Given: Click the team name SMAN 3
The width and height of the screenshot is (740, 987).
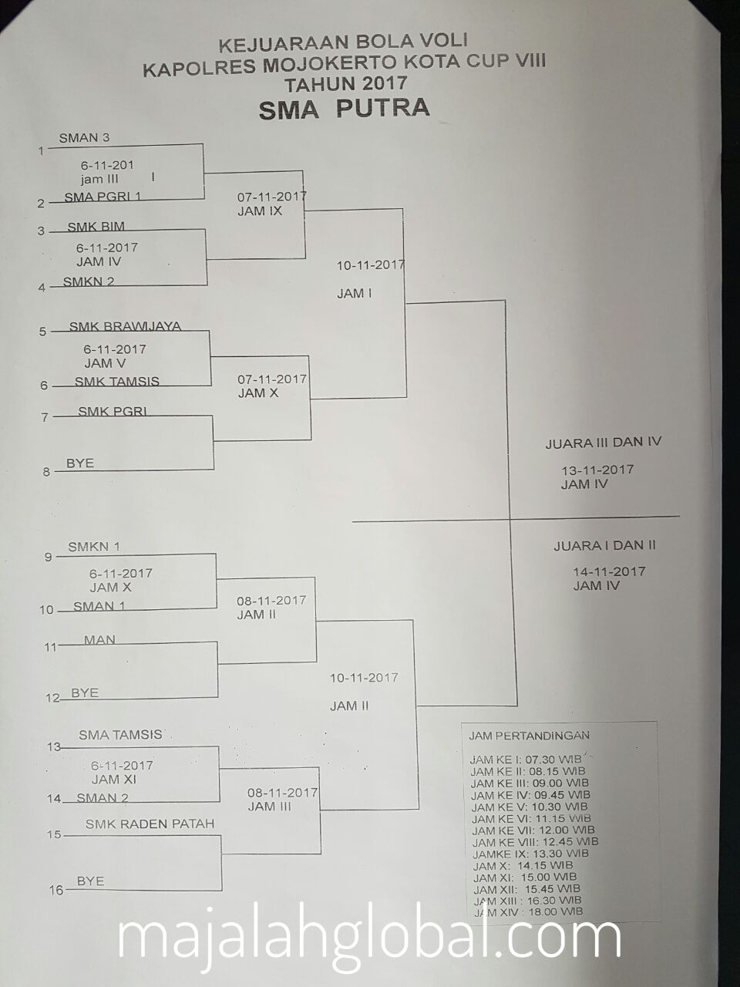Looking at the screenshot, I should pos(84,138).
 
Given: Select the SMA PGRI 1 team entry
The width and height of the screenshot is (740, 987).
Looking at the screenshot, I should pos(103,197).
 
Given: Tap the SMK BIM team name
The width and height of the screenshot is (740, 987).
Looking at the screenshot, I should pos(96,227).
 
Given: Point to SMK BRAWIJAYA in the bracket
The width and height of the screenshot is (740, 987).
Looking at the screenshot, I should pos(125,326).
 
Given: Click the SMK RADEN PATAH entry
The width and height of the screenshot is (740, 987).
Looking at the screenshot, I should pos(150,824).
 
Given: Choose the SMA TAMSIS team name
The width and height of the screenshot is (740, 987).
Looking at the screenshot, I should pos(120,735).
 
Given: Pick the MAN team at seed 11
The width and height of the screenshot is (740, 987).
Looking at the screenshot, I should pos(99,640).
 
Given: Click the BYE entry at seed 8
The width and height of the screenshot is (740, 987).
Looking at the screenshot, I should pos(80,463).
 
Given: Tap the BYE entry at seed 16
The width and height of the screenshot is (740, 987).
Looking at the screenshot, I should pos(90,881).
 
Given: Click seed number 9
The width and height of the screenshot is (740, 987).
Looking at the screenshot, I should pos(48,556).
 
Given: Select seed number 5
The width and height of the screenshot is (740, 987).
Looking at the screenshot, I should pos(43,332).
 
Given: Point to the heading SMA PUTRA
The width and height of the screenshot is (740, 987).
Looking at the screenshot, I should pos(344,109).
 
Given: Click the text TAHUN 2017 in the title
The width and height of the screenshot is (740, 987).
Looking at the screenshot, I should pos(345,83).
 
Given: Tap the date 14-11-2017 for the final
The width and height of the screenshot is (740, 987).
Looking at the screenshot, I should pos(609,571).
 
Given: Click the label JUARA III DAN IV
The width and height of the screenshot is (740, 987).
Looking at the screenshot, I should pos(603,443).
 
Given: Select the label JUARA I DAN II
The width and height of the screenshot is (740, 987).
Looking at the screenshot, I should pos(604,545).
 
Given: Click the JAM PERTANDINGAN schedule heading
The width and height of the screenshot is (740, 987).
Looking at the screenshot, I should pos(529,736).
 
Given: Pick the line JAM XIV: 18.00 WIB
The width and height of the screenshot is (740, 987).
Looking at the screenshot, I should pos(528,912).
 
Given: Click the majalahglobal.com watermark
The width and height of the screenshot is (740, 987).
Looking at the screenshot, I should pos(369,936).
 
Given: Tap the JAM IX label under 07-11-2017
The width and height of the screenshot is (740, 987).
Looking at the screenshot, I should pos(260,211).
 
